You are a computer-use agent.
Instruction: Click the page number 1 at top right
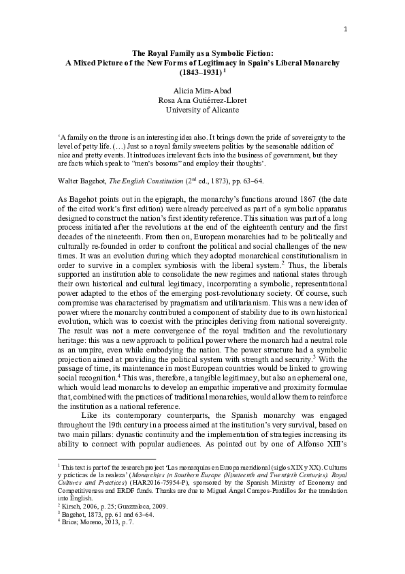pyautogui.click(x=346, y=29)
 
